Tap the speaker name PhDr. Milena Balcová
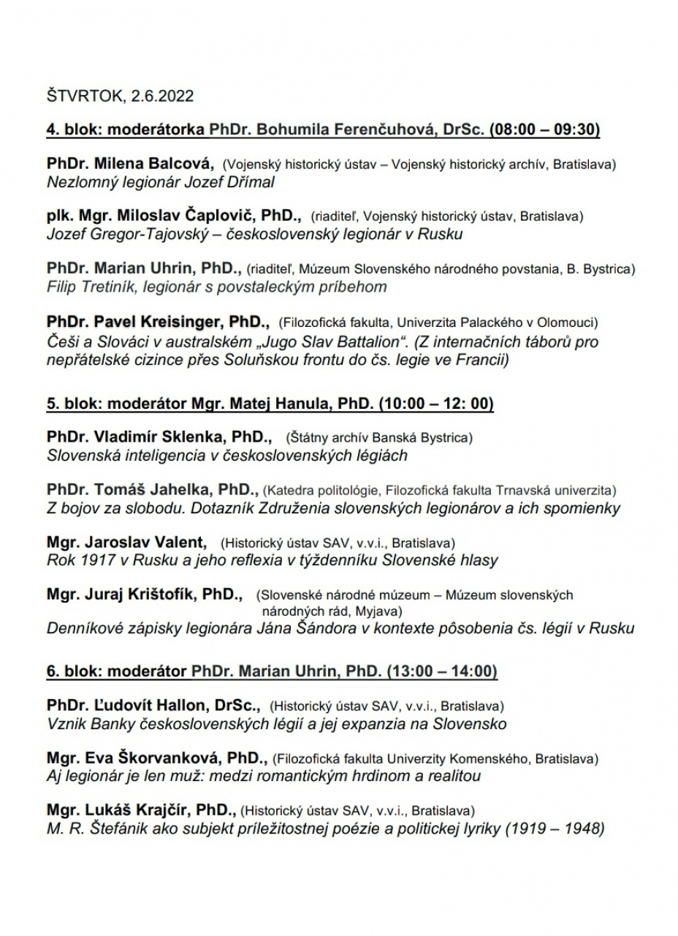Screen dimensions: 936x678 pyautogui.click(x=130, y=164)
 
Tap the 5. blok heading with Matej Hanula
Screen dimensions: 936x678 pyautogui.click(x=270, y=403)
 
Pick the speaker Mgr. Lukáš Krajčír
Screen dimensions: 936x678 pyautogui.click(x=140, y=810)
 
